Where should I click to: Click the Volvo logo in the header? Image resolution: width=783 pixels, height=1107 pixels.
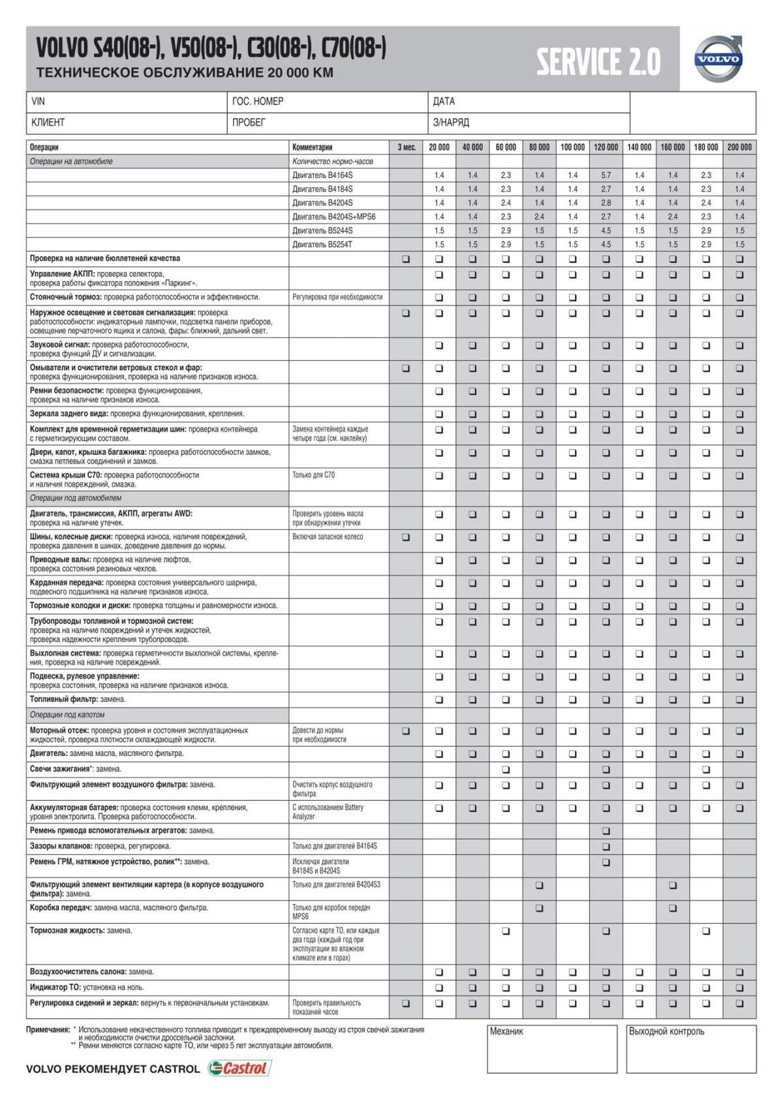pos(718,59)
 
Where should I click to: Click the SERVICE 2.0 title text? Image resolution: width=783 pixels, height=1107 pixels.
pos(598,63)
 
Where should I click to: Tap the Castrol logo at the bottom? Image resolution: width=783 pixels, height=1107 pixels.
pos(239,1068)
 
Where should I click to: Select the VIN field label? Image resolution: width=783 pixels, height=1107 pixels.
pos(38,102)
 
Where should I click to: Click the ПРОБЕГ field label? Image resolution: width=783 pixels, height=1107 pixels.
pos(249,123)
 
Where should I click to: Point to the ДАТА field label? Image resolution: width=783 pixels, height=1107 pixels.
pos(444,102)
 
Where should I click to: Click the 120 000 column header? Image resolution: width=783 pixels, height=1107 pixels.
pos(606,148)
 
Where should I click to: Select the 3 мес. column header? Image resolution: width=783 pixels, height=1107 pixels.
pos(406,148)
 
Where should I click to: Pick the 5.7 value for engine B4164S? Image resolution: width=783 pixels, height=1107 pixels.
pos(606,176)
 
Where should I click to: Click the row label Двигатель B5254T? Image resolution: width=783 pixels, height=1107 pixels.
pos(322,245)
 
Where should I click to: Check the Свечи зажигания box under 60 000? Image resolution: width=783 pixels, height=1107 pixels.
pos(506,770)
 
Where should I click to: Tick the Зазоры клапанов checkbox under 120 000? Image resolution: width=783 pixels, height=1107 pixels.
pos(606,847)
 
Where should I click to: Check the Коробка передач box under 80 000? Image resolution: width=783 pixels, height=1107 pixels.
pos(539,908)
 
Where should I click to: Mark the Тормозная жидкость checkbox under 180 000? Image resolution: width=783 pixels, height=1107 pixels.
pos(706,931)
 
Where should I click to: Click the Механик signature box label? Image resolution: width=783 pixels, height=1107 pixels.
pos(506,1032)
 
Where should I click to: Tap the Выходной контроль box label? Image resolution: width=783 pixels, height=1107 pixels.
pos(666,1032)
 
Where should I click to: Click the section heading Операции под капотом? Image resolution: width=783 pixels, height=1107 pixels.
pos(67,715)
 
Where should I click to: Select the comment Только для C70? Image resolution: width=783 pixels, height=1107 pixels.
pos(313,475)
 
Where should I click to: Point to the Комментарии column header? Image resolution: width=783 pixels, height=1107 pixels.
pos(313,148)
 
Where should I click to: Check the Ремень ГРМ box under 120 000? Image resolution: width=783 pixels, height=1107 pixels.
pos(606,862)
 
